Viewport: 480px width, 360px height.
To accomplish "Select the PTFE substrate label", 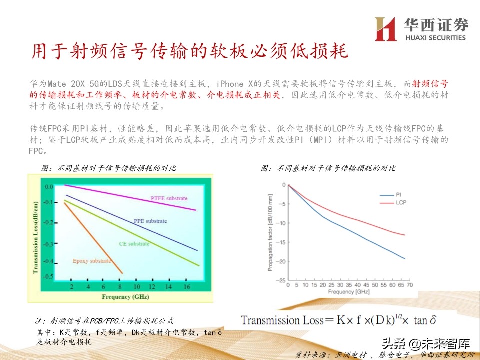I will click(169, 198).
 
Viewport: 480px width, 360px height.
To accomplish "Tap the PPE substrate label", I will click(150, 221).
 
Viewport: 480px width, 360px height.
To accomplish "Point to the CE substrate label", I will click(134, 244).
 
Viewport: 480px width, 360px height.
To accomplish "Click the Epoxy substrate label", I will click(92, 261).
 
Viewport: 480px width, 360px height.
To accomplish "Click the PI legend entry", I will click(399, 195).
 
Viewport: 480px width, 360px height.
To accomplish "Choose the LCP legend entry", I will click(401, 203).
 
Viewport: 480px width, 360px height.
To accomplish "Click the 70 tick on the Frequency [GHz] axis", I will click(409, 285).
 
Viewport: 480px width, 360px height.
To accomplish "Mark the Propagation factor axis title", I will click(270, 233).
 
